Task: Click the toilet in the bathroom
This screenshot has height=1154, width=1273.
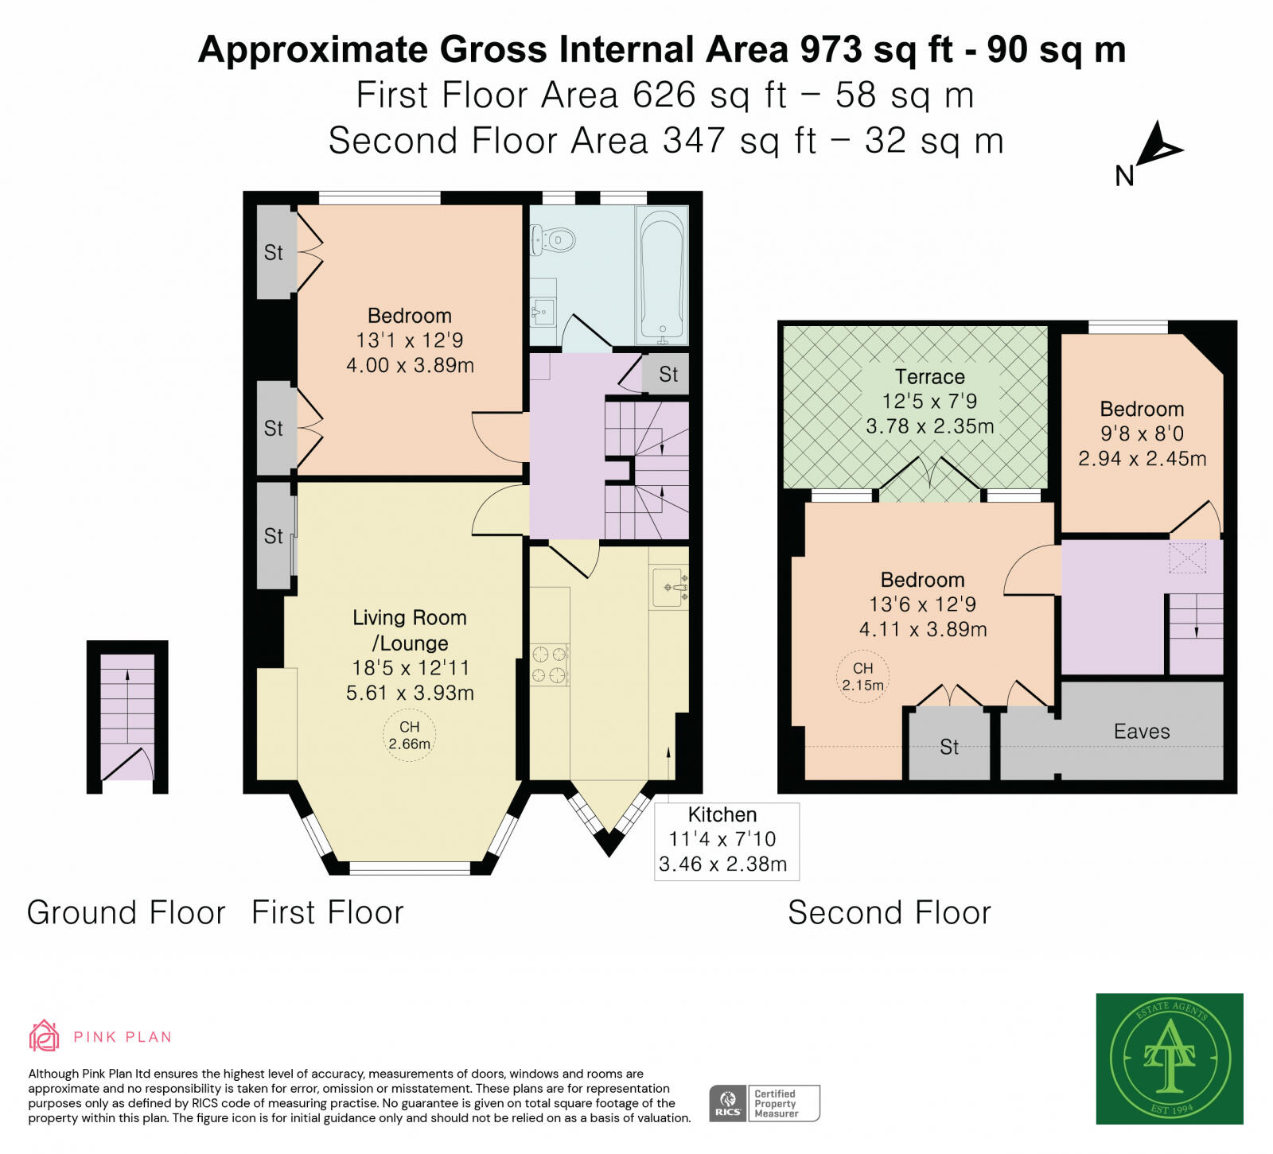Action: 554,239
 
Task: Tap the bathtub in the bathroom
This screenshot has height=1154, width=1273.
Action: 662,274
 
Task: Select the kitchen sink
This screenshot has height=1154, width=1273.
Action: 669,588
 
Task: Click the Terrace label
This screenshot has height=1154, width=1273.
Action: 929,377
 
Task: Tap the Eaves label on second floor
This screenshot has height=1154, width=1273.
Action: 1142,732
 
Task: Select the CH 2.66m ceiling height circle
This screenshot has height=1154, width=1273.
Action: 409,736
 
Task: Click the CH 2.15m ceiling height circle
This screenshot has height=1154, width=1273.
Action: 863,677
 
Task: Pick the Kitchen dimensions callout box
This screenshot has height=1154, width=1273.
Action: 726,840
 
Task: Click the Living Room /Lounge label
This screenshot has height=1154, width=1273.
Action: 410,630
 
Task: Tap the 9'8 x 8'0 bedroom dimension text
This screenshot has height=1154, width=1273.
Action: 1142,434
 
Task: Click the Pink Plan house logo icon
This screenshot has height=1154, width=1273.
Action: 44,1035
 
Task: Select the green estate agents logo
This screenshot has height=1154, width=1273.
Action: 1169,1058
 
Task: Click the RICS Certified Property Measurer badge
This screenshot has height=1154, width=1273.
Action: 764,1103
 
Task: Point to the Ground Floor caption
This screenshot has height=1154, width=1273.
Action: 127,912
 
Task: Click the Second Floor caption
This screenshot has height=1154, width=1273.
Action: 889,912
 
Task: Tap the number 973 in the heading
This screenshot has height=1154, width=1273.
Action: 831,49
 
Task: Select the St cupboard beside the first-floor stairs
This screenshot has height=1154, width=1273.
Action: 668,374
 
